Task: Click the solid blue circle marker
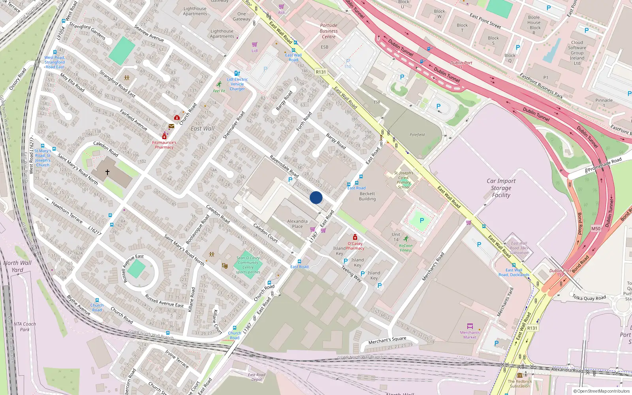click(316, 197)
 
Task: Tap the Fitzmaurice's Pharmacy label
click(164, 145)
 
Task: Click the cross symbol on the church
click(107, 172)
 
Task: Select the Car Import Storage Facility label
click(501, 188)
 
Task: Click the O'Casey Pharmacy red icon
click(355, 237)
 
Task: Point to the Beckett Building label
click(367, 196)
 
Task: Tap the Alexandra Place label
click(297, 224)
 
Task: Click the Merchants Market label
click(470, 335)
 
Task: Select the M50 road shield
click(596, 229)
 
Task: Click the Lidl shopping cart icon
click(255, 44)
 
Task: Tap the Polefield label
click(417, 135)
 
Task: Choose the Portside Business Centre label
click(329, 31)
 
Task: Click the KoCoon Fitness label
click(406, 248)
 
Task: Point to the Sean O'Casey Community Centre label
click(248, 265)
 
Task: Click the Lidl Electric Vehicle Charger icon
click(237, 73)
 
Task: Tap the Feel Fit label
click(219, 91)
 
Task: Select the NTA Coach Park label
click(24, 327)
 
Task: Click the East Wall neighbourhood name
click(203, 128)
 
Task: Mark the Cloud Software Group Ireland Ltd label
click(577, 53)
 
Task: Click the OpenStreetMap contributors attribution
click(602, 391)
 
